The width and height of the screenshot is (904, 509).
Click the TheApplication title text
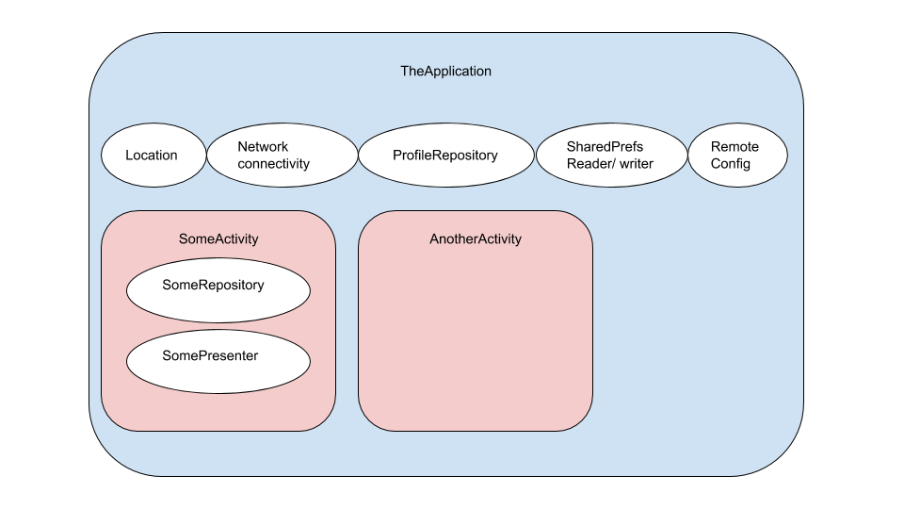pos(445,71)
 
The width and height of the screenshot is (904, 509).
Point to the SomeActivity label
pos(218,239)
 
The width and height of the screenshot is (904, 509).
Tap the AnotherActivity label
pos(475,239)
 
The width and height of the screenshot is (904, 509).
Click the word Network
pos(263,147)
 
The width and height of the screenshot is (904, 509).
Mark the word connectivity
pos(273,164)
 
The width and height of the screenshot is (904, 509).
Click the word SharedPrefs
pos(605,147)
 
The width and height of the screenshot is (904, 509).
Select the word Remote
pos(734,147)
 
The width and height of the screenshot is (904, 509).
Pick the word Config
pos(731,164)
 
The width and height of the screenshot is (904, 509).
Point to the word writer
pos(635,164)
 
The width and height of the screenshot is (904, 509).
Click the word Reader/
pos(588,164)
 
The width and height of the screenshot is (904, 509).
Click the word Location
pos(152,155)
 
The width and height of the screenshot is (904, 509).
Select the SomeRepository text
pos(213,285)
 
